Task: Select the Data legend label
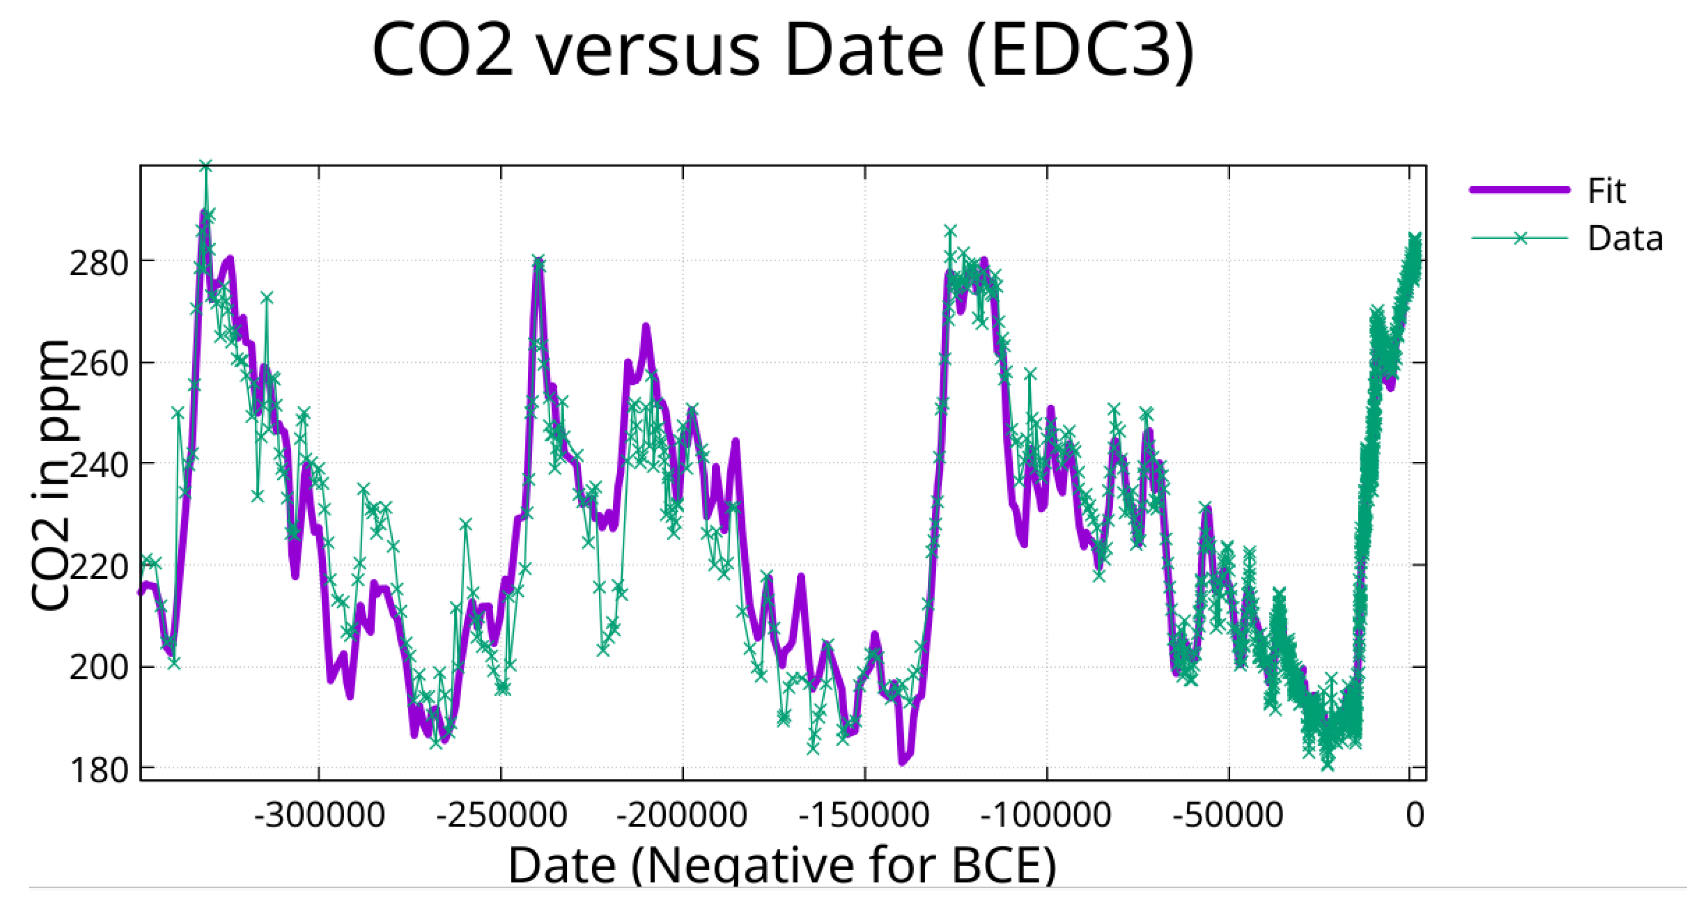(x=1625, y=238)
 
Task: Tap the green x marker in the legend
(x=1521, y=238)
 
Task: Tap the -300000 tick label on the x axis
(x=319, y=814)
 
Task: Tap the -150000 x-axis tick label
(x=864, y=814)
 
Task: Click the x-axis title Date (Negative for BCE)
(x=782, y=865)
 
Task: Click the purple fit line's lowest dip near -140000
(x=902, y=762)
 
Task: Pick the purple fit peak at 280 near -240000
(x=538, y=262)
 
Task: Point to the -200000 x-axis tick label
(x=682, y=814)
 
